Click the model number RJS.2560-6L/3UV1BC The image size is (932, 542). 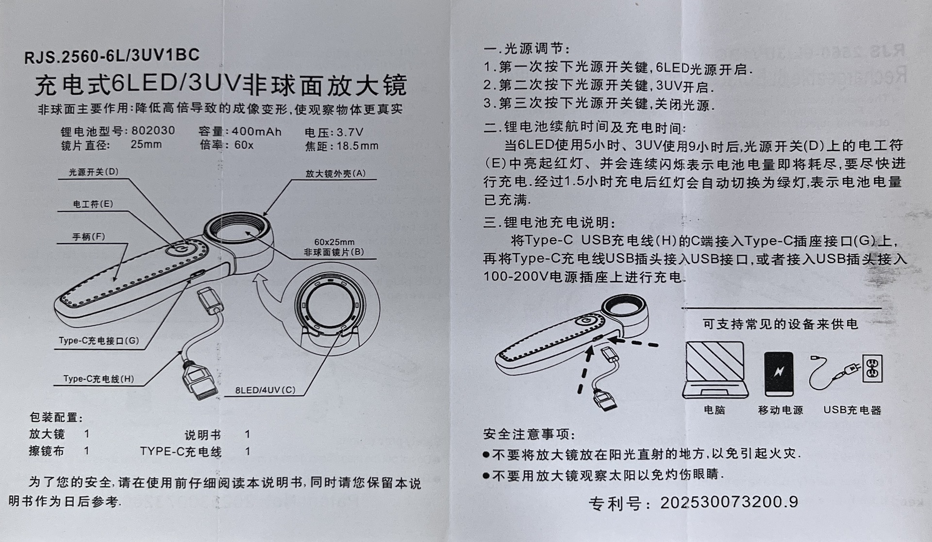[112, 56]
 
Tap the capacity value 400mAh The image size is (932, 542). [257, 132]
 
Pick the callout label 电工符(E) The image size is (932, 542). [93, 204]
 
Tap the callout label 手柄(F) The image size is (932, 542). [89, 237]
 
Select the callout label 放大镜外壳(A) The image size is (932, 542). [335, 173]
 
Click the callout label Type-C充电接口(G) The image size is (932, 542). [99, 341]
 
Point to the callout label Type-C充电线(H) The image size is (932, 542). [99, 379]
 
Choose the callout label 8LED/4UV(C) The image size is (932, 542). [265, 390]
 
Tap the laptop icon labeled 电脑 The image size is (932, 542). [715, 370]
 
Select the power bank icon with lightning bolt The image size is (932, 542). [779, 374]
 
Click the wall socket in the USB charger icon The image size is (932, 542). [872, 368]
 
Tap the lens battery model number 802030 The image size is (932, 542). [153, 131]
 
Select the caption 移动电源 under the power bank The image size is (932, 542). [780, 410]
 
